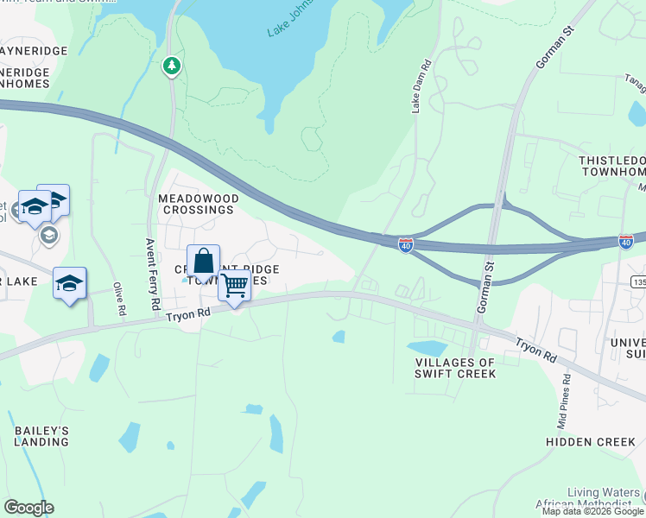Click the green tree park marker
coord(173,66)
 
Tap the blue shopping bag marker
coord(203,261)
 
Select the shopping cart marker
coord(235,285)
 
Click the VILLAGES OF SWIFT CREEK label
coord(455,368)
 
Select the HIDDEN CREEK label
coord(591,442)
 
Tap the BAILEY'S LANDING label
coord(41,436)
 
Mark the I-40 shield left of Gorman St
coord(405,245)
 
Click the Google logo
coord(28,508)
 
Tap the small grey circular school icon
coord(49,235)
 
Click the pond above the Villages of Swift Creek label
coord(429,349)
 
